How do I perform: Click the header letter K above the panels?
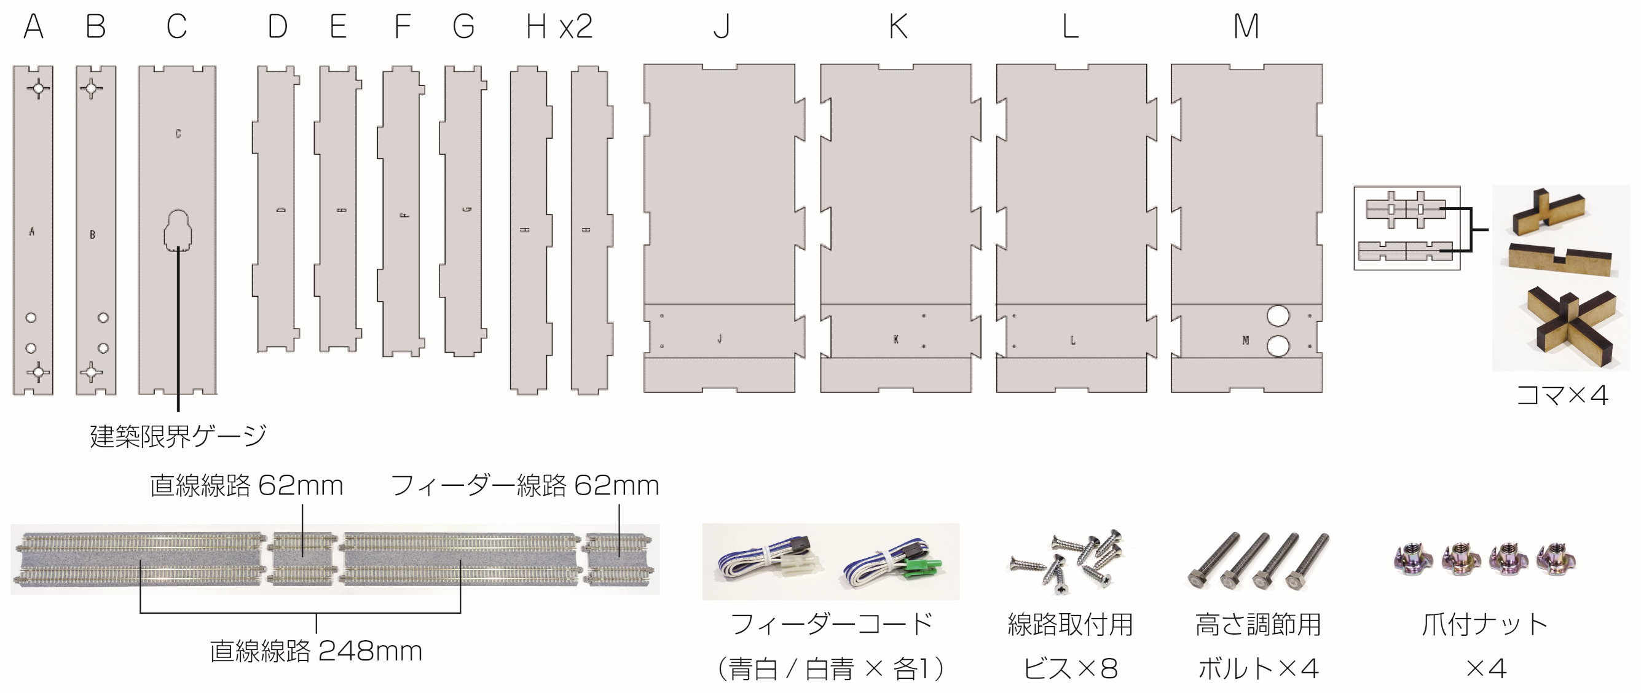click(x=898, y=27)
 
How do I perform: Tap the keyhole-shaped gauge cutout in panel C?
click(x=178, y=230)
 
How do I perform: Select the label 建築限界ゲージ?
click(x=178, y=436)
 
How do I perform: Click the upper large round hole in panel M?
click(x=1278, y=315)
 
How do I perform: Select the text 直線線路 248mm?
click(x=316, y=651)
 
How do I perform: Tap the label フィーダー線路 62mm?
click(x=524, y=486)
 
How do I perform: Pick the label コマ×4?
click(x=1562, y=396)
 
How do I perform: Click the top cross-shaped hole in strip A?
click(x=39, y=88)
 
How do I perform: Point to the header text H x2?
click(x=559, y=27)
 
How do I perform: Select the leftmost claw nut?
click(x=1412, y=558)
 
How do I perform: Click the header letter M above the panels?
click(x=1246, y=27)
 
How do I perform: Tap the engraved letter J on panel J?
click(x=720, y=339)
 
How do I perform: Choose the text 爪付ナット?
click(x=1484, y=625)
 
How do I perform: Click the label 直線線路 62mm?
click(x=246, y=486)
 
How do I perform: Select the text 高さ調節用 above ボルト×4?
click(x=1257, y=625)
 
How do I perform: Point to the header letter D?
click(x=278, y=27)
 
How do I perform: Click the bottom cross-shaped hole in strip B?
click(x=92, y=372)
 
